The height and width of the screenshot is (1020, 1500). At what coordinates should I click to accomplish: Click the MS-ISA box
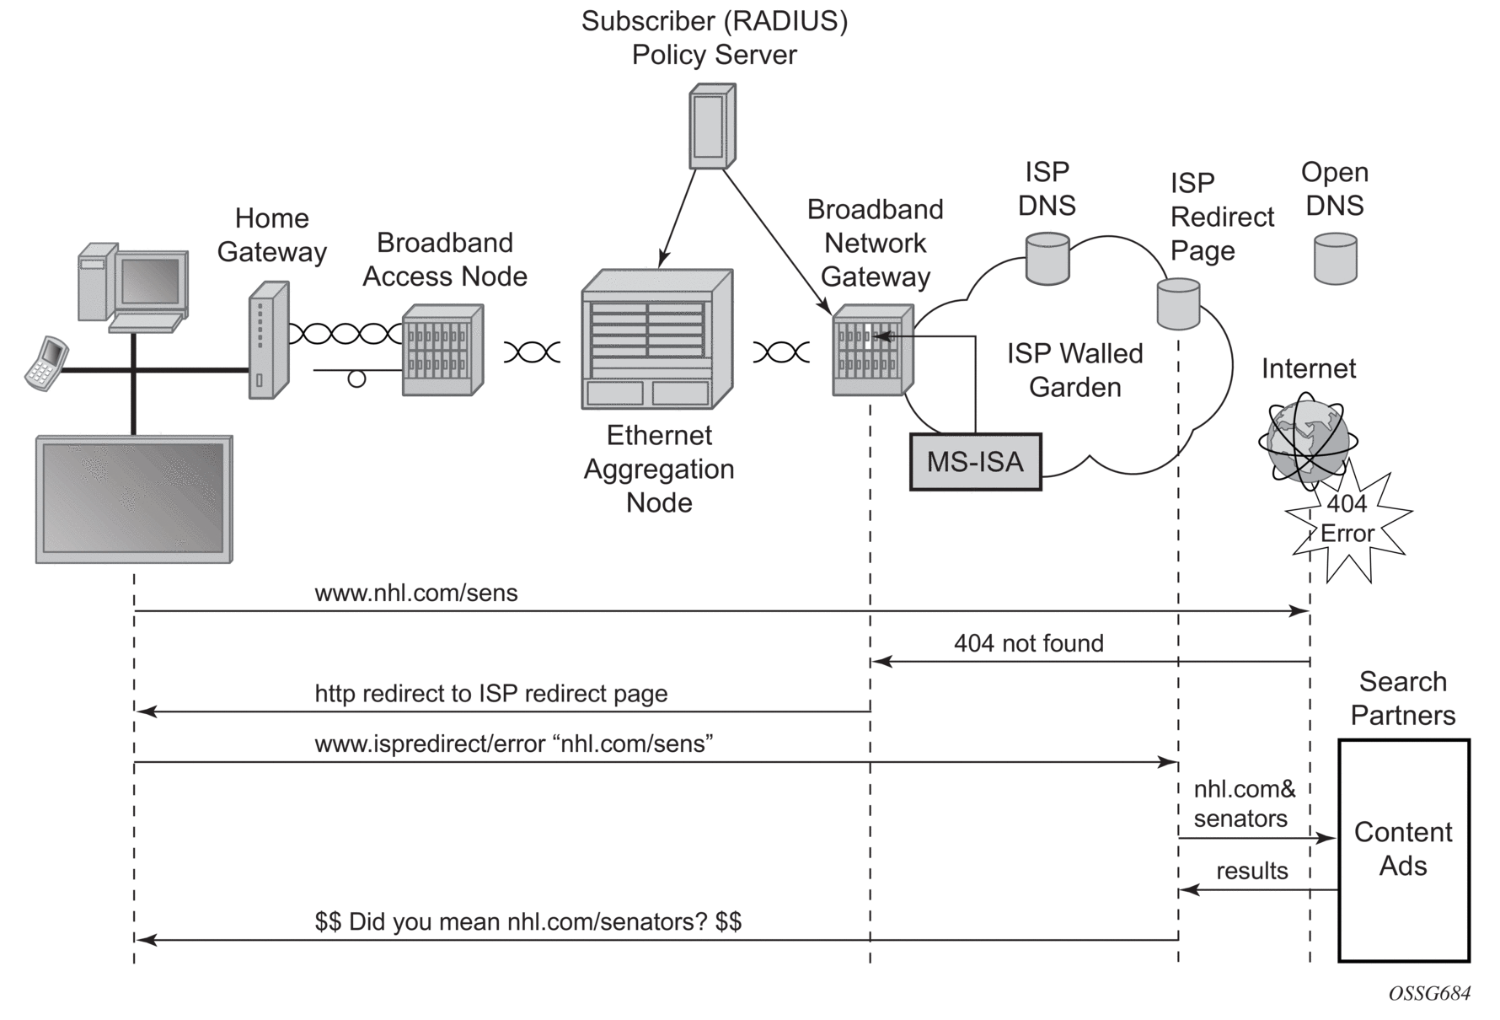click(975, 461)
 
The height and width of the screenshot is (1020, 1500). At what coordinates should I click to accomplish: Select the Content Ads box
click(1404, 850)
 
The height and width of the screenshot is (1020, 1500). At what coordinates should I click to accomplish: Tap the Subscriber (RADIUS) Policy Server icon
click(712, 126)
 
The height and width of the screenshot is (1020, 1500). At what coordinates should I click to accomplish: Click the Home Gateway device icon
click(269, 339)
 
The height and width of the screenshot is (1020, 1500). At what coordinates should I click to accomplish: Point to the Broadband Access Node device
click(442, 350)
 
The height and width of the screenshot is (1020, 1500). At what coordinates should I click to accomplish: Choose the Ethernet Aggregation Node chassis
click(657, 339)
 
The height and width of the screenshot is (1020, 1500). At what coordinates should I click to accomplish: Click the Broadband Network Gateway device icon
click(872, 351)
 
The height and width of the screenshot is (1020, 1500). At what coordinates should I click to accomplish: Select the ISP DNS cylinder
click(1047, 258)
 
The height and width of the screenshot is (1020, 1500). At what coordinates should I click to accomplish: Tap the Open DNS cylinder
click(1336, 258)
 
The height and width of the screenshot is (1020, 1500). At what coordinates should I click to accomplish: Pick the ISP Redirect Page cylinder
click(1178, 303)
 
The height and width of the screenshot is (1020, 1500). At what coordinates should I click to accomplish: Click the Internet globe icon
click(1307, 441)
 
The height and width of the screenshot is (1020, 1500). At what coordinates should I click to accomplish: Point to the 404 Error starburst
click(1347, 522)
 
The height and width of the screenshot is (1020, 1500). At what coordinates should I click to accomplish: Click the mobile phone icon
click(46, 363)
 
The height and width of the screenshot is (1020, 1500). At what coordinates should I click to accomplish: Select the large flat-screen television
click(134, 499)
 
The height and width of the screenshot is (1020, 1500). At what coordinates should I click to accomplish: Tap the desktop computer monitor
click(150, 282)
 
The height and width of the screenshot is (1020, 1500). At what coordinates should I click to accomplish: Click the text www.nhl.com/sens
click(416, 593)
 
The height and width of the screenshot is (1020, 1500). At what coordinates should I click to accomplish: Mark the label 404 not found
click(1028, 643)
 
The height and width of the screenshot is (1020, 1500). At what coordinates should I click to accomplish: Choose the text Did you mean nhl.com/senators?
click(528, 921)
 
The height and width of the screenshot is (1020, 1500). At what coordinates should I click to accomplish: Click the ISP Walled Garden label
click(1074, 370)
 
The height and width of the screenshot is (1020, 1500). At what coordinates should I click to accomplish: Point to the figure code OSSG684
click(1429, 994)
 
